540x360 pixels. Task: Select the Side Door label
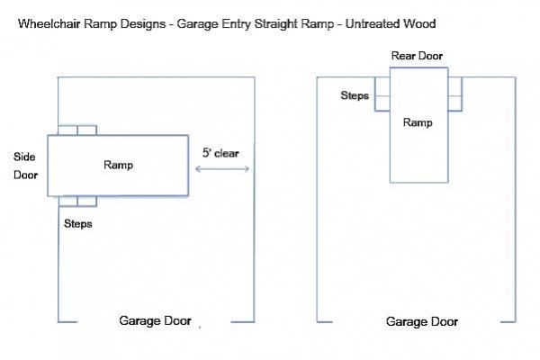coord(25,165)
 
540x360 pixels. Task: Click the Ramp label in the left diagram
coord(118,165)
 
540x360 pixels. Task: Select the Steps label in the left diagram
coord(77,222)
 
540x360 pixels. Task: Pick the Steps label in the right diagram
coord(355,94)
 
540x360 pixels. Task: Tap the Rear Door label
coord(417,56)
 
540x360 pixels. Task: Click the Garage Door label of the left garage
coord(155,320)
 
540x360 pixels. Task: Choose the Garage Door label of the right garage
coord(422,321)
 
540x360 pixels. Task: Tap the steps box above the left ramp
coord(77,130)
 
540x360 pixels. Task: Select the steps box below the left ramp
coord(77,202)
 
